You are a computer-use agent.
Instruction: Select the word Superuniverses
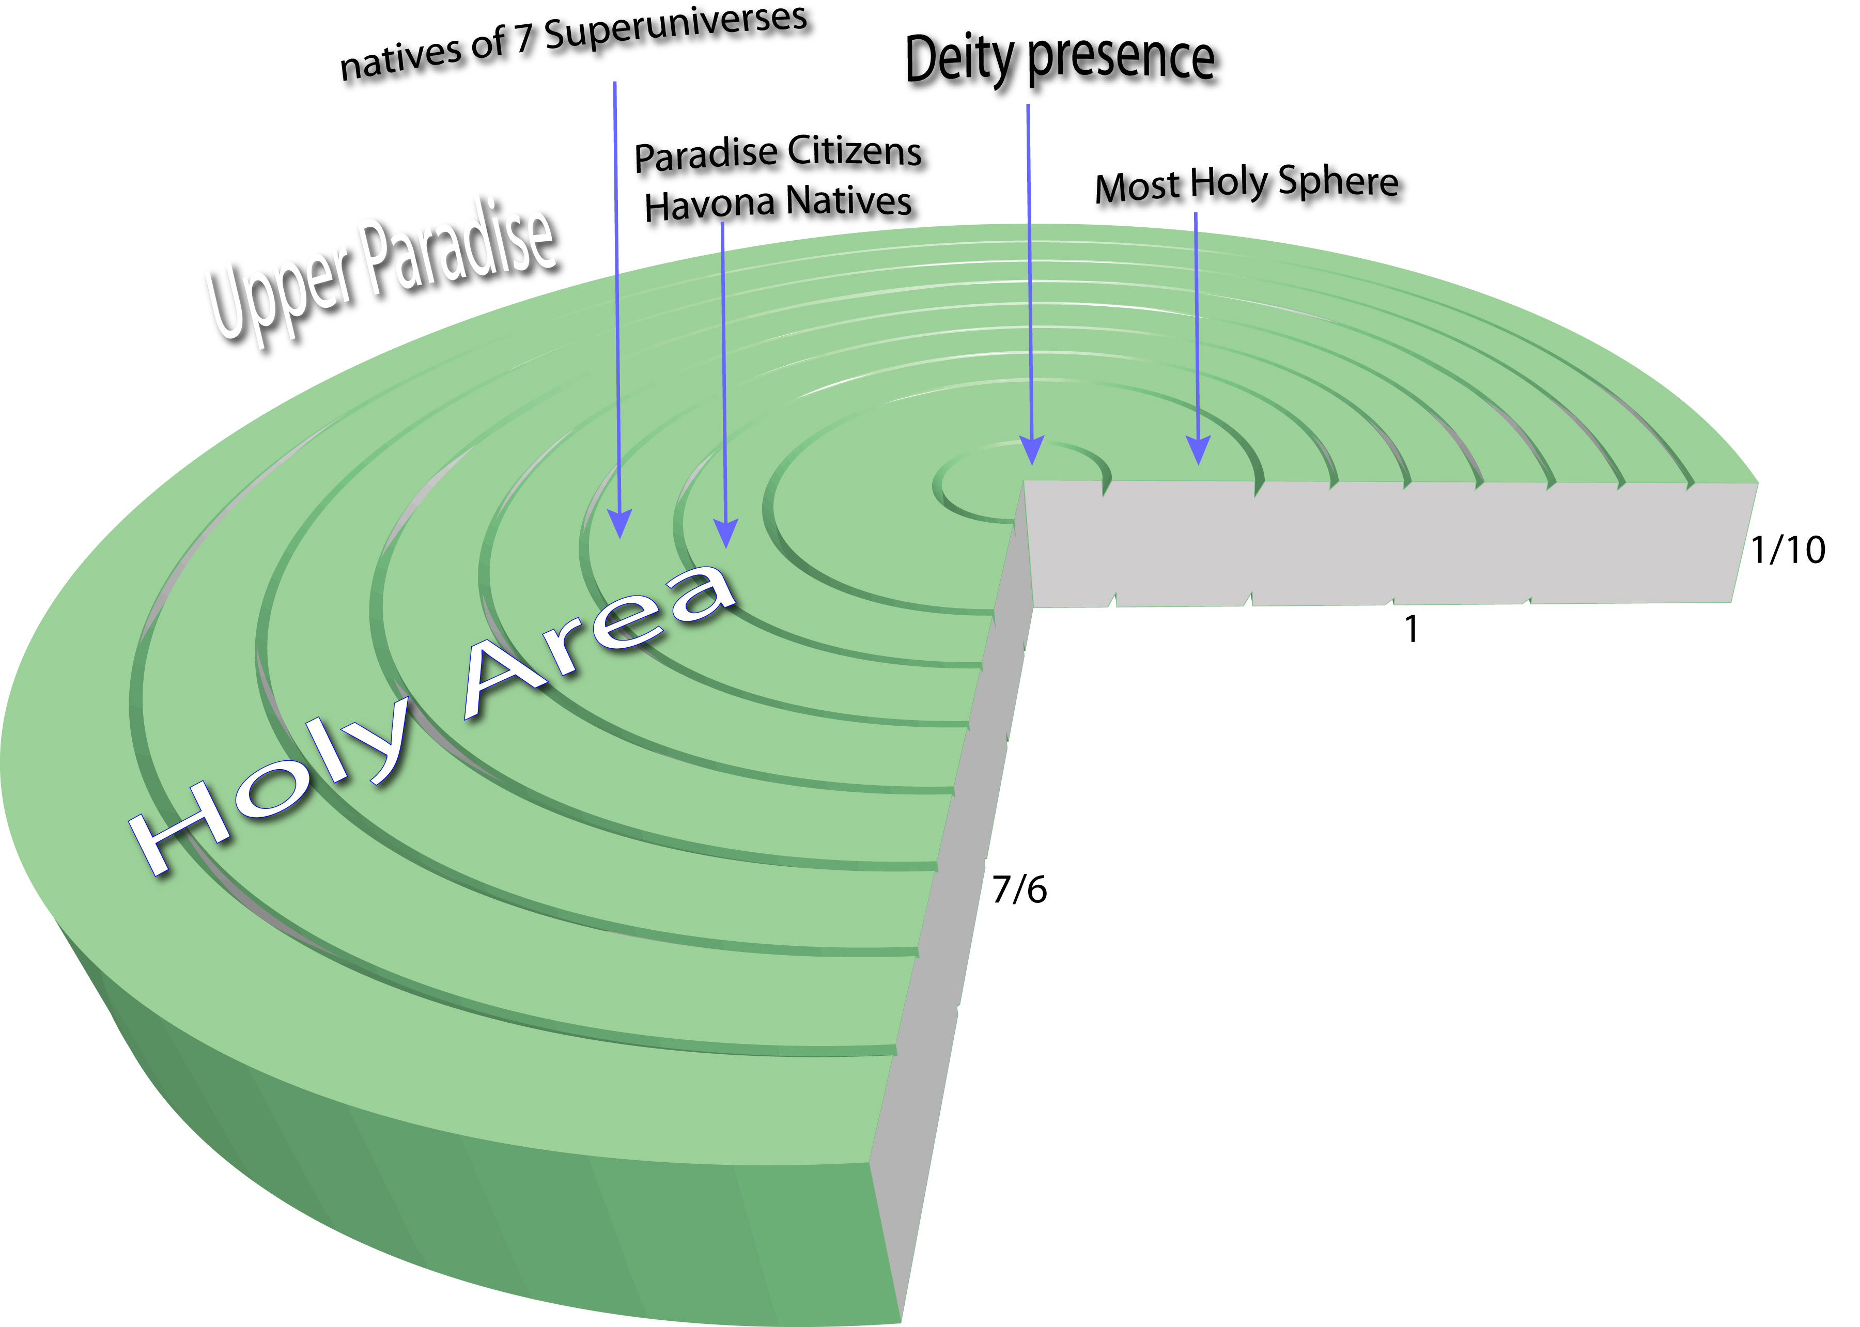click(677, 28)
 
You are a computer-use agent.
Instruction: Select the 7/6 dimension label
click(1019, 890)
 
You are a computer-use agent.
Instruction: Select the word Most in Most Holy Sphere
click(1138, 189)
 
